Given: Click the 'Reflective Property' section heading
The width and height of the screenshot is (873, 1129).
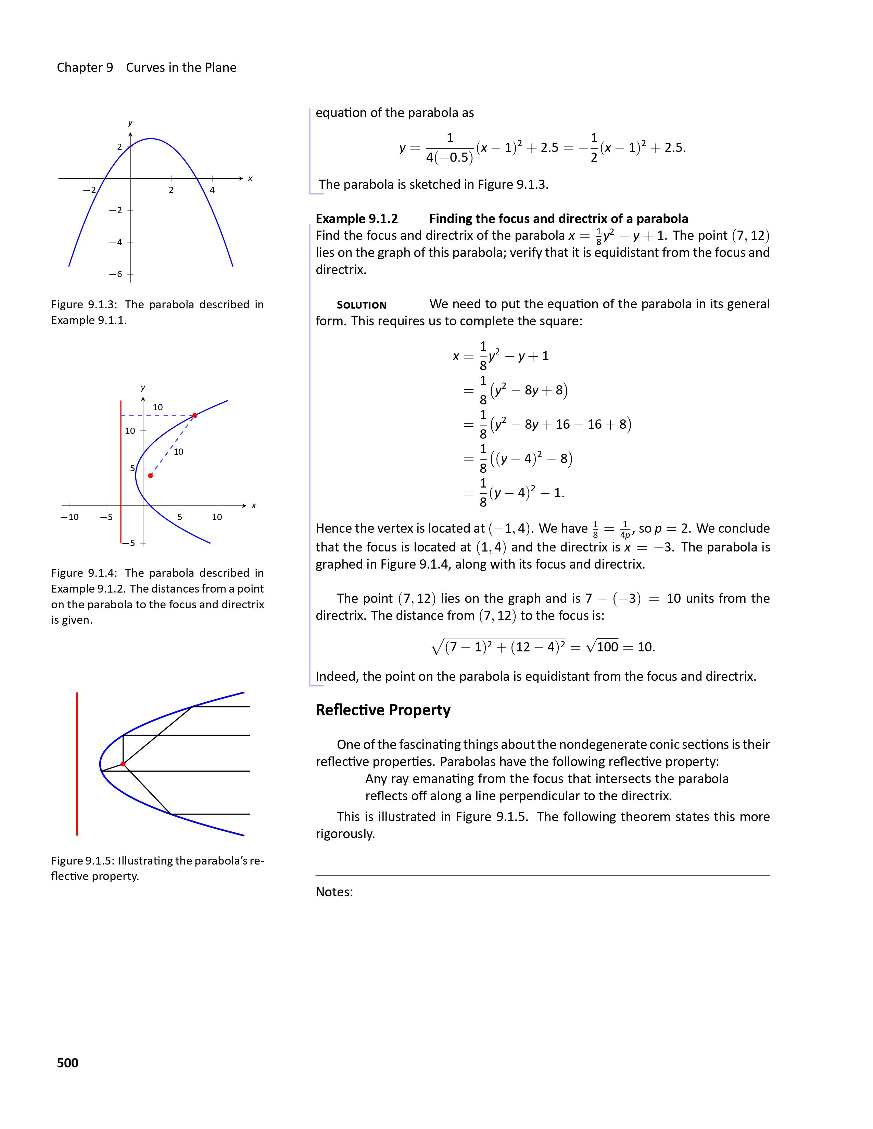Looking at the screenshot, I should [x=383, y=710].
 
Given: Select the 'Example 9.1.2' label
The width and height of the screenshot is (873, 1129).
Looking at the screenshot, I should [x=357, y=219].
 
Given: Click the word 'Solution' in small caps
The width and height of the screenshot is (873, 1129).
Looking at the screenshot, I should [x=362, y=305].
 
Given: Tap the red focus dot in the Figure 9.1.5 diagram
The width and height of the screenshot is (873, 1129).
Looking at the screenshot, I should [x=123, y=764].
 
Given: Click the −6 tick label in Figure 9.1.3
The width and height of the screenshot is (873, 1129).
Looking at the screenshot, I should [x=116, y=274].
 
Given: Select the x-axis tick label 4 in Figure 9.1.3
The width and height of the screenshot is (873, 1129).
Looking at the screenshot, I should [x=212, y=190].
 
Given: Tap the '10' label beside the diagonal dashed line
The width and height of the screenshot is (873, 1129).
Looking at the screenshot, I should [x=178, y=452].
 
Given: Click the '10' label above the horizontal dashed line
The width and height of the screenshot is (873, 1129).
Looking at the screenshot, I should [x=158, y=407].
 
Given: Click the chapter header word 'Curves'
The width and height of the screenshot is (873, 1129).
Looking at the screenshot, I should [x=145, y=68].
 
